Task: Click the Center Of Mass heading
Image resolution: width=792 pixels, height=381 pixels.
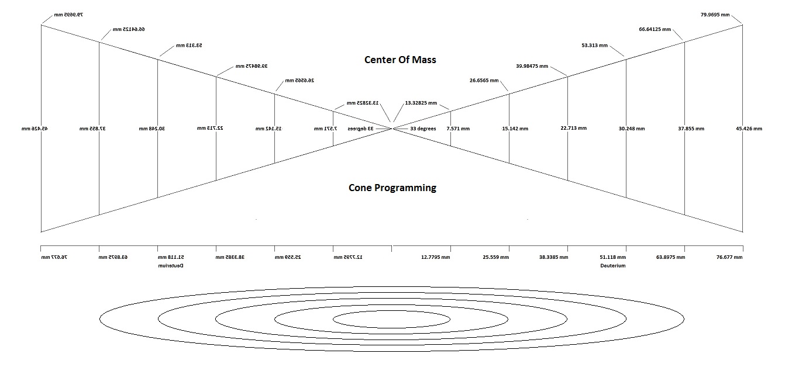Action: click(400, 60)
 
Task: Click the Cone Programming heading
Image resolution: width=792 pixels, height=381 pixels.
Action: click(392, 188)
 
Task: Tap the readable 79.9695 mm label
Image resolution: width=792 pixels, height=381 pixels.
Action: click(715, 14)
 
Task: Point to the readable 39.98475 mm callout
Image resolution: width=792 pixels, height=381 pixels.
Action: click(532, 66)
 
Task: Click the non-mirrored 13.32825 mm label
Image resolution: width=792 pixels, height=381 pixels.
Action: click(421, 103)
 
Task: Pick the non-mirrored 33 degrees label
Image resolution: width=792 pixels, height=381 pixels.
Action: click(423, 129)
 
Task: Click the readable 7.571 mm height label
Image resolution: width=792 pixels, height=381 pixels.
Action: click(458, 129)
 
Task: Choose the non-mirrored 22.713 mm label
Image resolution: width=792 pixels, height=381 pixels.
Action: click(573, 128)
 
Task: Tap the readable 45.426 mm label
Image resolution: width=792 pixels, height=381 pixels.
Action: click(749, 129)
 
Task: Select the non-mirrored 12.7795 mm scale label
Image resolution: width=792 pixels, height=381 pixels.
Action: click(436, 257)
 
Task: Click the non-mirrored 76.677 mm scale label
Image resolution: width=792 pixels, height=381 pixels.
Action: click(729, 257)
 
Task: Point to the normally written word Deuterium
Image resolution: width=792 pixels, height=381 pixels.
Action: click(612, 265)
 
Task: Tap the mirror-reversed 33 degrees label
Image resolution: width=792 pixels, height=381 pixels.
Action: click(361, 129)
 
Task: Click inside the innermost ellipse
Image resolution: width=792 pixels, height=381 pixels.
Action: click(391, 318)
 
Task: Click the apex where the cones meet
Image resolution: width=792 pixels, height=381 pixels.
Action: click(392, 129)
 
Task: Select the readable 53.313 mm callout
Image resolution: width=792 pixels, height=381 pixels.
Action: click(594, 45)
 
